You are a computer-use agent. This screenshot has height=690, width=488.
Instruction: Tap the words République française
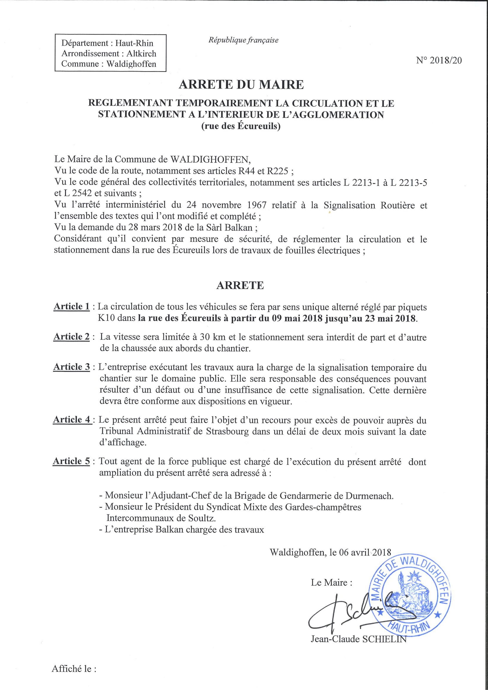click(243, 40)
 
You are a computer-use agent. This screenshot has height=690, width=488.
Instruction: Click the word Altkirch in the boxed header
click(141, 53)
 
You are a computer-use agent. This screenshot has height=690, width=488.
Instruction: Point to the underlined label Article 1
click(72, 307)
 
